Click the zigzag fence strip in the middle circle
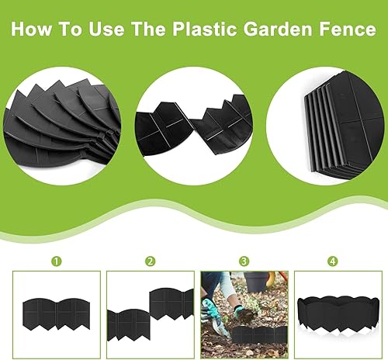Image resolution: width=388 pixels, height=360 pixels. (194, 125)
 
